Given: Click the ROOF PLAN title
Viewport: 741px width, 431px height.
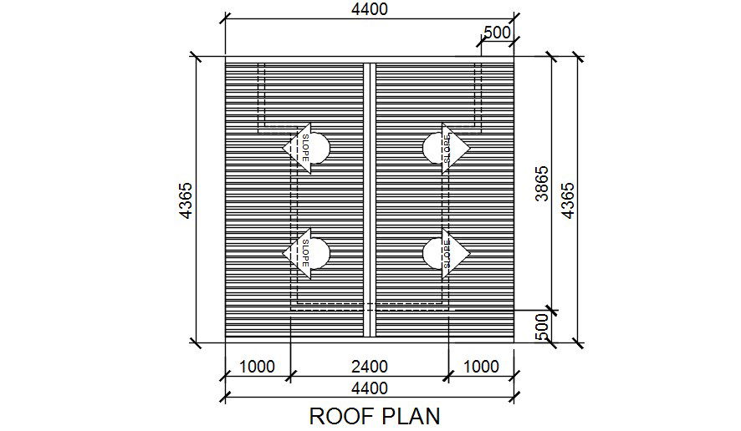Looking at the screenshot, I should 374,415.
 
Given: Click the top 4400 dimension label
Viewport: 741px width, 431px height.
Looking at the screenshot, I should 369,9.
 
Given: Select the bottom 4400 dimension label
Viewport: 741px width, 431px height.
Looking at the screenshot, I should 369,388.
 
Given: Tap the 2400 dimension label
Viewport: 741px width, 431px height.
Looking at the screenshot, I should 369,366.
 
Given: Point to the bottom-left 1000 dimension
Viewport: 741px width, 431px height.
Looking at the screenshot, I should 257,366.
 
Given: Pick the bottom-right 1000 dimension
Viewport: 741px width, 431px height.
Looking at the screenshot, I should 481,366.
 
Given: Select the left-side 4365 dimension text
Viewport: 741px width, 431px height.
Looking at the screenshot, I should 186,200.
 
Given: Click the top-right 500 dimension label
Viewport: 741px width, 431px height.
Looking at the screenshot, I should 497,33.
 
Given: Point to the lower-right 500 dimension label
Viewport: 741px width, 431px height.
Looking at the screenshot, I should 541,325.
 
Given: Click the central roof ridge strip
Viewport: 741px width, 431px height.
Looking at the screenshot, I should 369,200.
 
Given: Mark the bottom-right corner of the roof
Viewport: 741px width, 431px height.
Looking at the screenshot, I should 513,341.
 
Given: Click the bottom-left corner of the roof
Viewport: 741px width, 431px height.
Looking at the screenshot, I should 226,341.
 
